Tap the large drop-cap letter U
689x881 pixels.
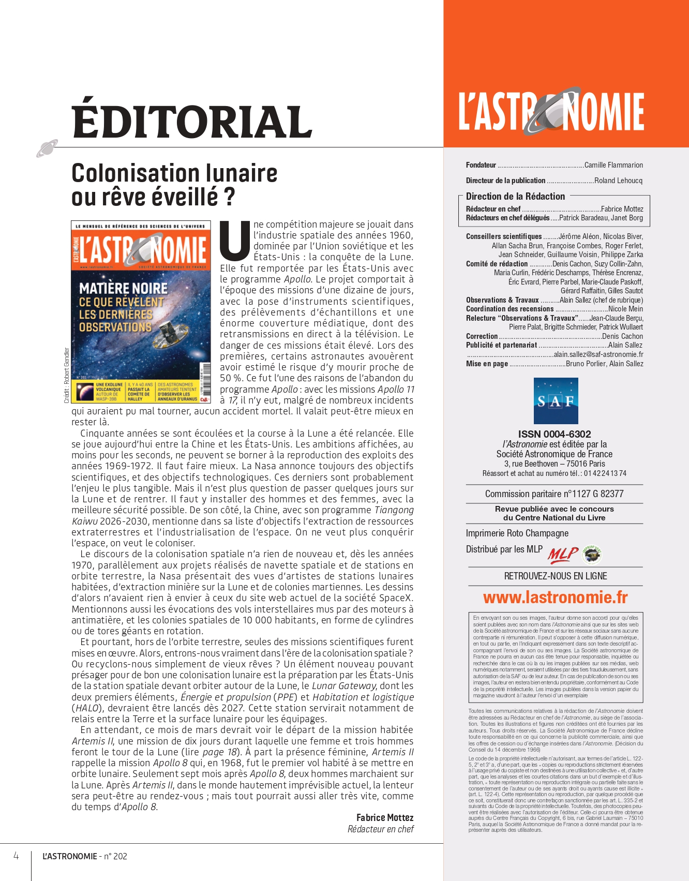pos(235,240)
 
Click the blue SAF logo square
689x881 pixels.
pos(556,401)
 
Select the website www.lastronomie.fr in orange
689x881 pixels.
pos(555,598)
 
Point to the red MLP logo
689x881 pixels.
pos(562,555)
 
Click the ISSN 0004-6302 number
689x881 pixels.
pos(555,434)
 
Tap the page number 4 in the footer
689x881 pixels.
pos(16,856)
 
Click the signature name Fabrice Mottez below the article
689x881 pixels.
pos(385,818)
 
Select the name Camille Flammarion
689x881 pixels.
pos(613,165)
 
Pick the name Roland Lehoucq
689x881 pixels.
pos(618,181)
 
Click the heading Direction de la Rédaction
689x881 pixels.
pos(515,197)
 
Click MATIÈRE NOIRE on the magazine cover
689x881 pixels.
pos(123,288)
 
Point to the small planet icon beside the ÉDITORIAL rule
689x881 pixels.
pos(47,148)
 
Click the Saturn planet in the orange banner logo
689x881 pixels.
pos(550,110)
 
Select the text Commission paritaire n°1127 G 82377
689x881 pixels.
pos(554,494)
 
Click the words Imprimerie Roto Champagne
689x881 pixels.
pos(517,533)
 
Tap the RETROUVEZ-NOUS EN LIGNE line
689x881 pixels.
pos(556,576)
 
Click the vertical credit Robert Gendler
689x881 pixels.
pos(67,375)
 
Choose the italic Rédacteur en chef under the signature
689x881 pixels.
pos(381,829)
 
